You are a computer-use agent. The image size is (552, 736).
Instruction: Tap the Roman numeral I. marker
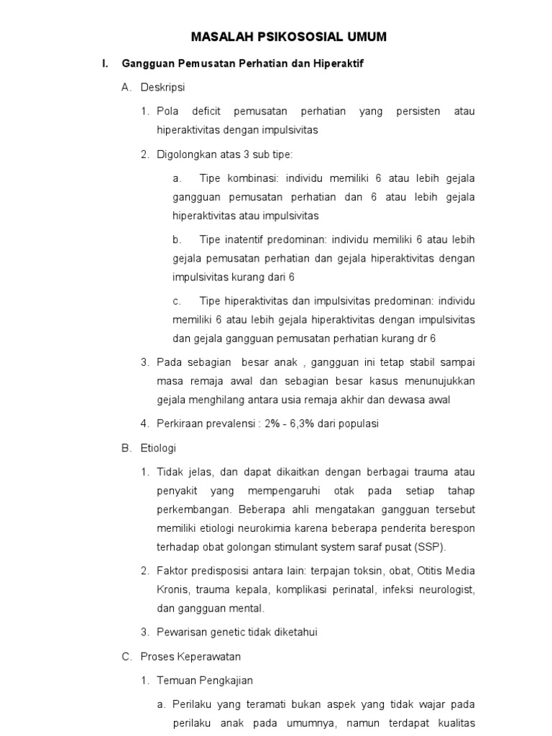tap(105, 64)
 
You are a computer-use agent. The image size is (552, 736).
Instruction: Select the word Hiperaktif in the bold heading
tap(339, 64)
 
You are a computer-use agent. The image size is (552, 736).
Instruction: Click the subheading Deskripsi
tap(163, 88)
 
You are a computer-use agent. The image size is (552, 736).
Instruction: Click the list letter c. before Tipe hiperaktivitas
tap(177, 300)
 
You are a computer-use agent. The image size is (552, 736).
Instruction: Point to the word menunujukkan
tap(439, 380)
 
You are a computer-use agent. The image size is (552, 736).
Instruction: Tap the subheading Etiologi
tap(158, 448)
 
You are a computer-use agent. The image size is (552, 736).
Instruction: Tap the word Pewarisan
tap(182, 632)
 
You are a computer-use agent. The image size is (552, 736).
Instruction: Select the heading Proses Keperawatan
tap(190, 656)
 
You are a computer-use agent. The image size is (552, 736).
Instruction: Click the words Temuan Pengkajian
tap(205, 681)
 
